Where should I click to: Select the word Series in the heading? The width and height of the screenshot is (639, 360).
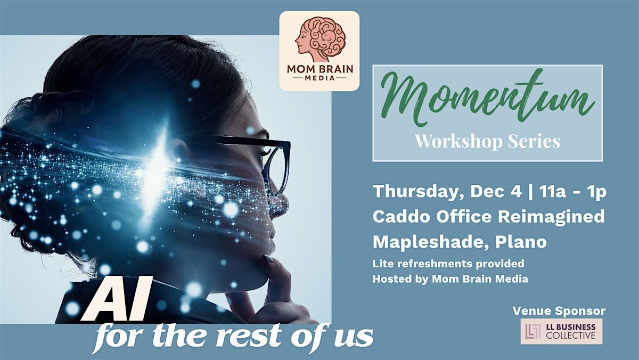click(x=534, y=141)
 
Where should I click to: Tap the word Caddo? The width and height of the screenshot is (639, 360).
click(x=402, y=217)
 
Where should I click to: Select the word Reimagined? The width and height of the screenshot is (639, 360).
click(x=551, y=217)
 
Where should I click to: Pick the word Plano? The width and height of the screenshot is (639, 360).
click(x=521, y=242)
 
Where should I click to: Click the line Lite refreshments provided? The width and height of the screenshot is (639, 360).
click(x=448, y=264)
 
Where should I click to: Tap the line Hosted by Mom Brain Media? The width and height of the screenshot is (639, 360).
click(x=450, y=279)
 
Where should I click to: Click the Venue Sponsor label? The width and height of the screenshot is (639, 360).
click(x=559, y=310)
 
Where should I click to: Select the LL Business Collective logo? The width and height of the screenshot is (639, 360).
click(x=561, y=331)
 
